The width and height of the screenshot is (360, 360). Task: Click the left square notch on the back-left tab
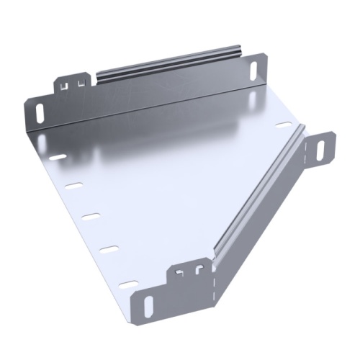tap(66, 85)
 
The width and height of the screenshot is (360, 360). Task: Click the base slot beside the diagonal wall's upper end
tap(284, 125)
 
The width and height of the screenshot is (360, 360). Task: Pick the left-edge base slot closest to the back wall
tap(56, 156)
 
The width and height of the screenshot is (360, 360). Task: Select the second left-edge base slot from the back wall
tap(73, 186)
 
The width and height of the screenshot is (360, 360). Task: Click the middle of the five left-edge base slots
tap(89, 216)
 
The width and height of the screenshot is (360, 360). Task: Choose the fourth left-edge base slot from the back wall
tap(108, 249)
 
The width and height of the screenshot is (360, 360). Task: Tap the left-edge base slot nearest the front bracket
tap(127, 284)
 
